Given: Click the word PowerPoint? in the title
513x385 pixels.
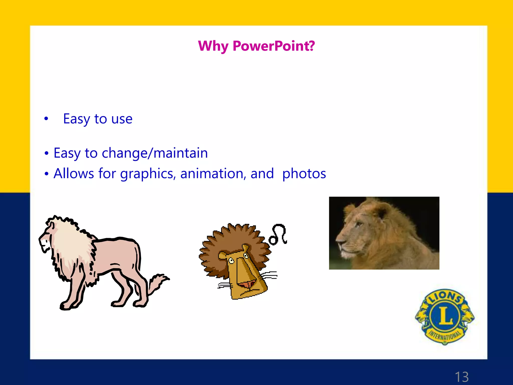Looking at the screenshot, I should (x=274, y=46).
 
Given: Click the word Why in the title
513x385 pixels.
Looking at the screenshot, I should (x=213, y=46).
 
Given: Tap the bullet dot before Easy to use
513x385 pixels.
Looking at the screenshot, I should (x=46, y=119).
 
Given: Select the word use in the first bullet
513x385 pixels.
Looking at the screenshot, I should (x=122, y=119).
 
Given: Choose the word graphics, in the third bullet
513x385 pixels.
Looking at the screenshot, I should (x=148, y=173).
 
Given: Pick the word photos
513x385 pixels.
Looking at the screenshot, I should (x=304, y=173).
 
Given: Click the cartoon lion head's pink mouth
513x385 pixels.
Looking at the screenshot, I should (x=247, y=285).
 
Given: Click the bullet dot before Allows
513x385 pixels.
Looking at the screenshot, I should (x=46, y=173).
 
